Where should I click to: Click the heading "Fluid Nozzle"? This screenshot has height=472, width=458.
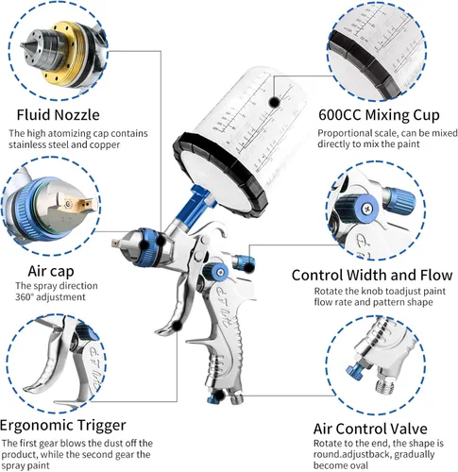[58, 114]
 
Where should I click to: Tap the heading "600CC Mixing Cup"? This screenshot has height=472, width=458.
[379, 115]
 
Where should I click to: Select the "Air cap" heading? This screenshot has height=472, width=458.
[51, 271]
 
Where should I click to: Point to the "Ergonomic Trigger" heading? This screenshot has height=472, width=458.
[63, 425]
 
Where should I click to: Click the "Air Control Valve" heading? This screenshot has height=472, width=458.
[370, 429]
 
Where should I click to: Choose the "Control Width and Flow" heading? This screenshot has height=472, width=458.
[372, 275]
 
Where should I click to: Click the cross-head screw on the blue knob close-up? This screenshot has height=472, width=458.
[366, 208]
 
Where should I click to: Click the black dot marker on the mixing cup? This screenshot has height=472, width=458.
[275, 102]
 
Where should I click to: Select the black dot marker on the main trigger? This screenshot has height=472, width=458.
[178, 326]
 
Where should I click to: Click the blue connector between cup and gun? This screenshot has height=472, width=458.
[192, 203]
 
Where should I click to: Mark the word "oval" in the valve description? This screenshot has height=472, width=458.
[357, 465]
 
